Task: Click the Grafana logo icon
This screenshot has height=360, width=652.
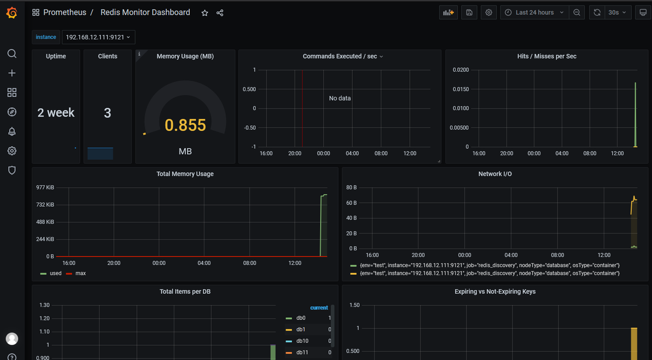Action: pyautogui.click(x=11, y=13)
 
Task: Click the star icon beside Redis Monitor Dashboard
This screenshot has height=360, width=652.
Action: pyautogui.click(x=205, y=13)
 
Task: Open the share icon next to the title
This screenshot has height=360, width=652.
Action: pyautogui.click(x=220, y=13)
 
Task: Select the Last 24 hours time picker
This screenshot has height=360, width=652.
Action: pyautogui.click(x=534, y=13)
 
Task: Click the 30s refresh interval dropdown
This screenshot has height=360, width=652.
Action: pyautogui.click(x=617, y=13)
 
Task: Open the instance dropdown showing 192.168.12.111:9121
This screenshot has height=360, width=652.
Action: pyautogui.click(x=98, y=37)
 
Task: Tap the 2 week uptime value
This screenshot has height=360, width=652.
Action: pyautogui.click(x=56, y=113)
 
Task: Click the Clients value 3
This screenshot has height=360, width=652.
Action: pyautogui.click(x=107, y=113)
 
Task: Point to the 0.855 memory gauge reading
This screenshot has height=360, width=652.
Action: pyautogui.click(x=185, y=125)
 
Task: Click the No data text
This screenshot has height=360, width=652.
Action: pyautogui.click(x=340, y=98)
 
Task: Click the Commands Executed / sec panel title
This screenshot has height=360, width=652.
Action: pyautogui.click(x=340, y=56)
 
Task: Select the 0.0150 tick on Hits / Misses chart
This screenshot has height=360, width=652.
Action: pyautogui.click(x=461, y=89)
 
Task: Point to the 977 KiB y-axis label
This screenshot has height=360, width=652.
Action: pyautogui.click(x=45, y=188)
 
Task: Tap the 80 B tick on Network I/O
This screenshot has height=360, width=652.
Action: pyautogui.click(x=351, y=188)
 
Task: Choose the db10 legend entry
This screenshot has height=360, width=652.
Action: pyautogui.click(x=302, y=341)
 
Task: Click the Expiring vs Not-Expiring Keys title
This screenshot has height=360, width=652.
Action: pyautogui.click(x=495, y=292)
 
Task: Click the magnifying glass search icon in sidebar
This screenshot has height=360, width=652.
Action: pyautogui.click(x=11, y=54)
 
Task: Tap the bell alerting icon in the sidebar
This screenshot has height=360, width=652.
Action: pyautogui.click(x=11, y=132)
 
